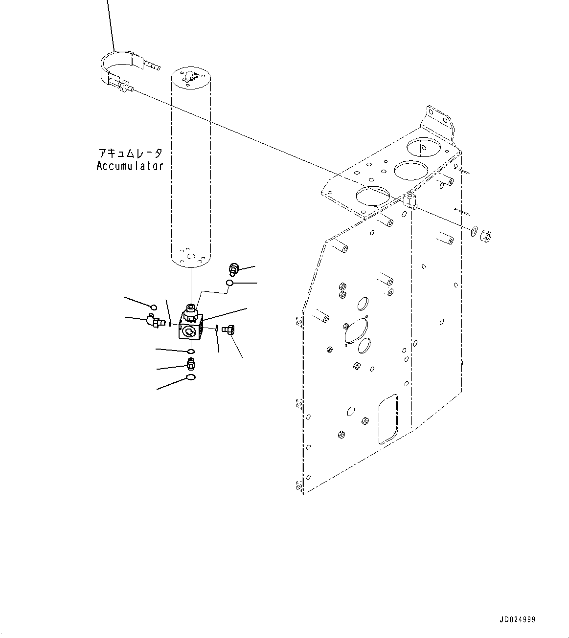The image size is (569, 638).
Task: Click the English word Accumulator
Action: click(x=130, y=166)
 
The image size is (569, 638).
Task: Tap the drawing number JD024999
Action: click(x=517, y=619)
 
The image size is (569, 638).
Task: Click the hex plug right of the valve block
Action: click(x=228, y=330)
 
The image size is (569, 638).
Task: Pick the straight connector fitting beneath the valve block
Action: click(x=191, y=363)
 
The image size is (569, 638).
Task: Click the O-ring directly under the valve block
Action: click(x=191, y=352)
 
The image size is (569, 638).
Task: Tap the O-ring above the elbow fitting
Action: click(x=154, y=307)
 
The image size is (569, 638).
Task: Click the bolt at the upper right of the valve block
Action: click(x=234, y=268)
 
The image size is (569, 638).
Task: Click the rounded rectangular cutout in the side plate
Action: click(x=387, y=419)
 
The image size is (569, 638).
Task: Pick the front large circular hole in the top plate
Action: click(x=373, y=197)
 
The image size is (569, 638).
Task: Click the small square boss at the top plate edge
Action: click(x=409, y=200)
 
